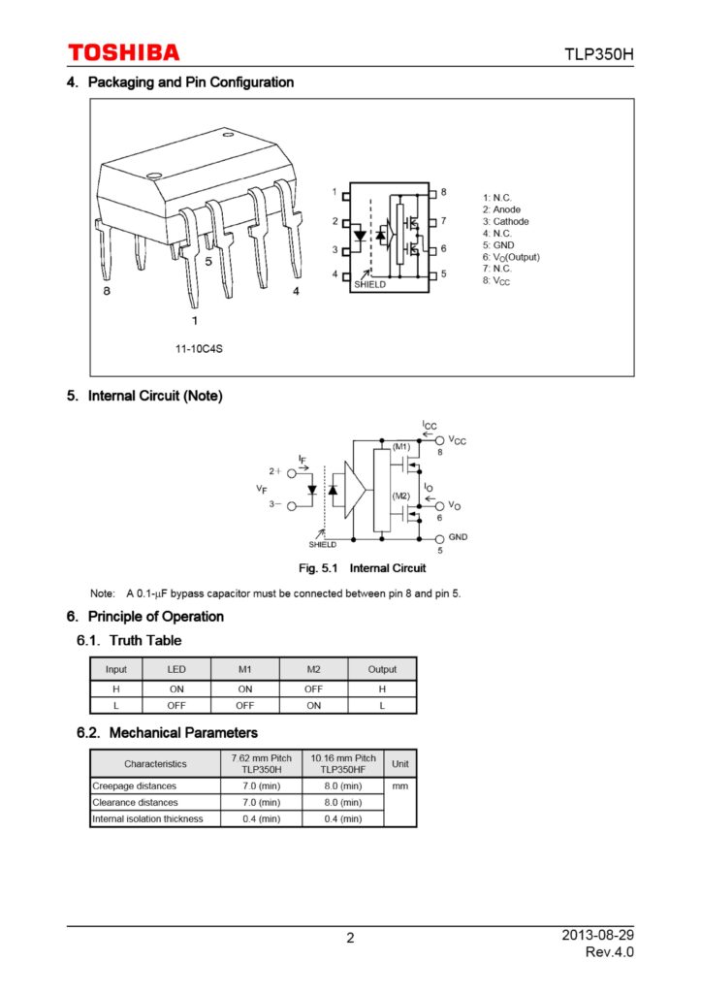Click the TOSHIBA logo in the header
tap(123, 52)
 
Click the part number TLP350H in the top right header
tap(599, 53)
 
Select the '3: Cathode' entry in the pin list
tap(505, 222)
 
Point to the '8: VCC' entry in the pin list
tap(495, 280)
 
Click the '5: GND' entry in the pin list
tap(498, 245)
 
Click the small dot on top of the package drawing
tap(153, 176)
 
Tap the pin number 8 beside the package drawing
tap(108, 290)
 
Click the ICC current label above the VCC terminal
tap(430, 426)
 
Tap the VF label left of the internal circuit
tap(262, 490)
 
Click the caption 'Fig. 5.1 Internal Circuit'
tap(362, 568)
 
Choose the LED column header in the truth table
tap(176, 669)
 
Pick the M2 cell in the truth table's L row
tap(313, 705)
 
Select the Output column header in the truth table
tap(382, 669)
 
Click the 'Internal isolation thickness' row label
tap(147, 819)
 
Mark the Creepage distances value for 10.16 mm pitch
tap(342, 785)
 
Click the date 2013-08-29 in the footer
tap(597, 935)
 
